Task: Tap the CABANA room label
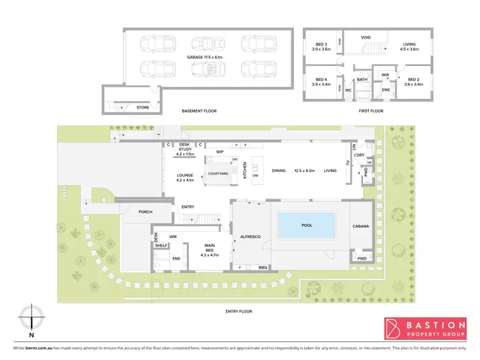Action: click(x=361, y=226)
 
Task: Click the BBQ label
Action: click(x=262, y=267)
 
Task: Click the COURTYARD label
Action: click(x=220, y=173)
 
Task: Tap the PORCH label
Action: click(x=145, y=212)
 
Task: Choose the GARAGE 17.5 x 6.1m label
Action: click(x=205, y=58)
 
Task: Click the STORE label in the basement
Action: click(x=142, y=107)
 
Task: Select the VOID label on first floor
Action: click(x=365, y=38)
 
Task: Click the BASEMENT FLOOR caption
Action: click(x=199, y=111)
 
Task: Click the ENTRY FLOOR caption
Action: click(x=238, y=311)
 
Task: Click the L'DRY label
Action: click(x=359, y=155)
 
